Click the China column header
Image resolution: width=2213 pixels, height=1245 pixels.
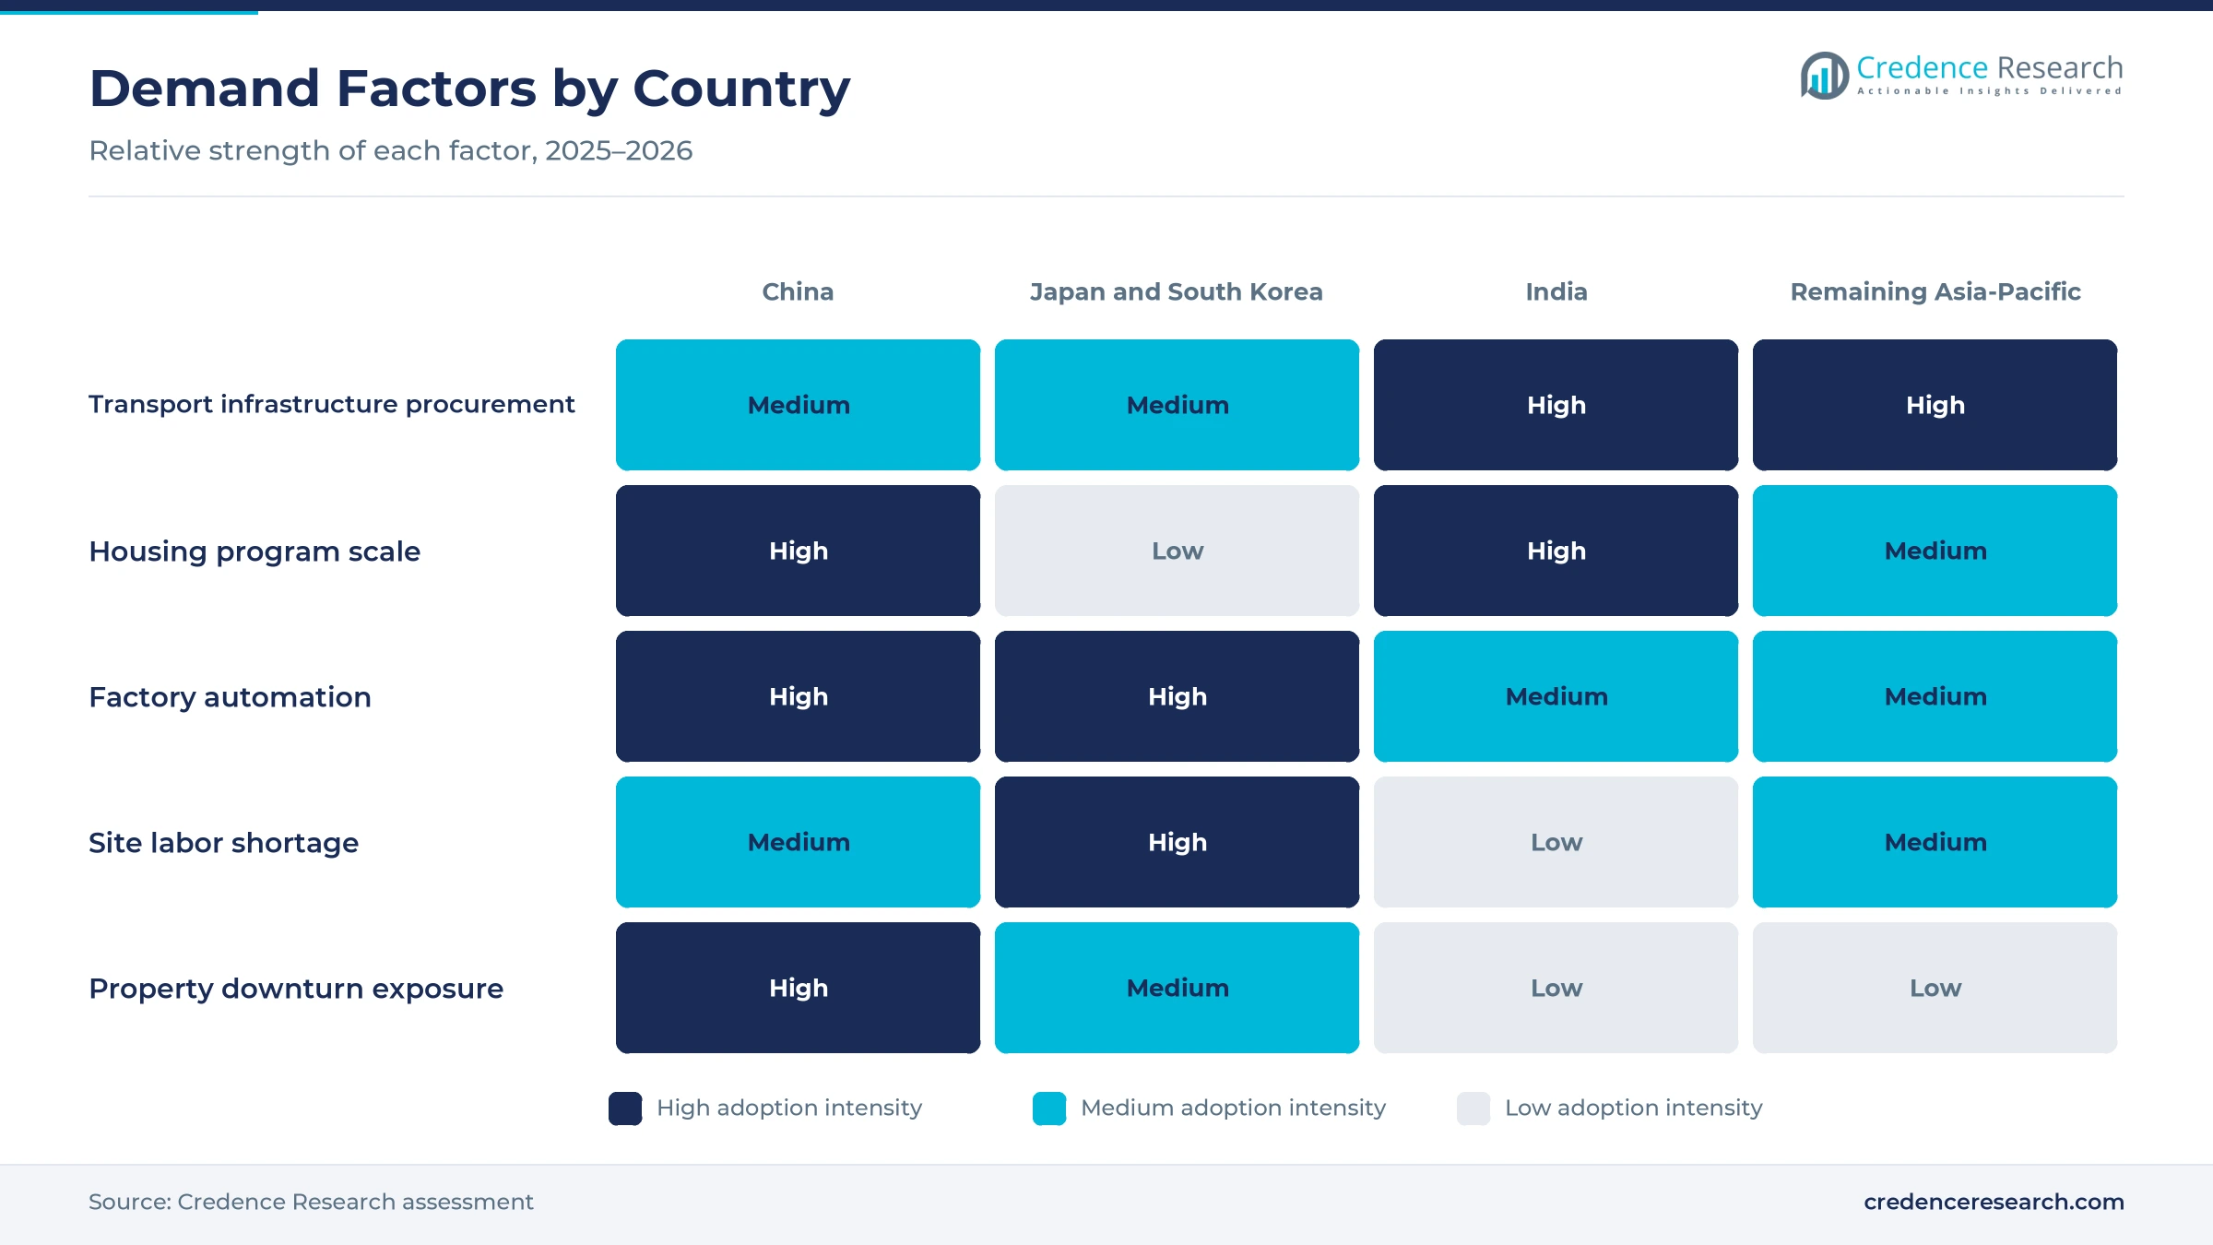(798, 291)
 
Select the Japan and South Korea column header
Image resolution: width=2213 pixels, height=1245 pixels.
(1177, 291)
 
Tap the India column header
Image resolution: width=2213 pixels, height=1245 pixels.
(1556, 291)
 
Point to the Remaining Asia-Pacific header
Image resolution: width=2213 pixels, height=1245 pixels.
(1935, 291)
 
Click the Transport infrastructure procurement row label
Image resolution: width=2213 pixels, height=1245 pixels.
(332, 404)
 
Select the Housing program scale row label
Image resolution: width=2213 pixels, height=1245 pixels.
(254, 551)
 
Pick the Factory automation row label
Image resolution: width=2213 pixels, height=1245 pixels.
(230, 696)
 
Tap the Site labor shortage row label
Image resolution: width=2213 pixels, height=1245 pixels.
(223, 842)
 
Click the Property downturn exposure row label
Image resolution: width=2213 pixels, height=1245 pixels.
(296, 988)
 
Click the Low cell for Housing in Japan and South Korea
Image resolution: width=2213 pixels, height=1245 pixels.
(1177, 551)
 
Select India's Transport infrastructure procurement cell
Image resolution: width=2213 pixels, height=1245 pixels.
(1556, 405)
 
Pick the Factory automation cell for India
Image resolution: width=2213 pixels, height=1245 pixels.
(1556, 696)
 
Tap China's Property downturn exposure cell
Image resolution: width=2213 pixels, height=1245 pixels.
(798, 988)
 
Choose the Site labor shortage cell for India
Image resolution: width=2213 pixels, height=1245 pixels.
(1556, 842)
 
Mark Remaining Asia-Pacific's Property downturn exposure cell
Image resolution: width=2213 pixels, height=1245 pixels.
(1935, 988)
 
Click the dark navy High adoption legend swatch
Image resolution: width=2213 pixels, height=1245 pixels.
(625, 1109)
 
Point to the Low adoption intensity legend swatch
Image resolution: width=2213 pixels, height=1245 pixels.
(1473, 1109)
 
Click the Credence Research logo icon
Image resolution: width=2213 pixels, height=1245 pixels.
(1825, 76)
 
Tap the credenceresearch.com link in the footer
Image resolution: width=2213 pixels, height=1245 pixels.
(1994, 1202)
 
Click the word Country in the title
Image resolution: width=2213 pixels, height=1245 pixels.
(741, 89)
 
